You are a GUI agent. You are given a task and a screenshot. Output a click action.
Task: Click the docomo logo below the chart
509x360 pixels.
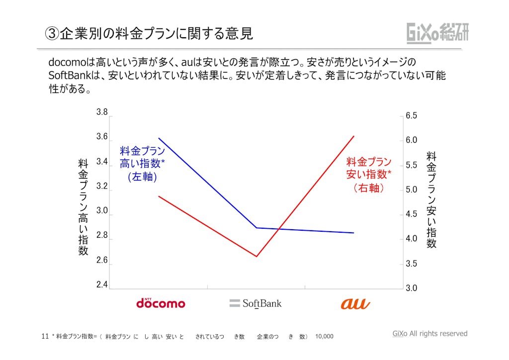161,303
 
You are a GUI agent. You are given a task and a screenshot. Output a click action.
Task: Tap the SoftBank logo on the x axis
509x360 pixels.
255,303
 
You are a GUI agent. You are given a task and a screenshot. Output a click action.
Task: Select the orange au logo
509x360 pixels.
354,303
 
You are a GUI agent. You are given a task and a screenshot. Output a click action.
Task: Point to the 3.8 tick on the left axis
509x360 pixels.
102,112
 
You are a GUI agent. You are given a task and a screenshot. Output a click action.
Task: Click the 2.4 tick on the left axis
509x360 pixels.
102,285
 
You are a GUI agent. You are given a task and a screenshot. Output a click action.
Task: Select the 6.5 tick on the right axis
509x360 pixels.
411,116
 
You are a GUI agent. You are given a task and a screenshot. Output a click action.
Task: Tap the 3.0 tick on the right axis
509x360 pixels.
411,288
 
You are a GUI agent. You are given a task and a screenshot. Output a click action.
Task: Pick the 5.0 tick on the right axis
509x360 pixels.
411,190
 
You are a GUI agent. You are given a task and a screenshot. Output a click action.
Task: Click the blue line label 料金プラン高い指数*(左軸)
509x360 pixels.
142,164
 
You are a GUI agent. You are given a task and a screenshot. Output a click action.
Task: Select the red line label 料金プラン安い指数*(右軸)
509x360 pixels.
369,175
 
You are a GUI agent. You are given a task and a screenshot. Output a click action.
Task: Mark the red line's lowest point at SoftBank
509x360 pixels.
256,257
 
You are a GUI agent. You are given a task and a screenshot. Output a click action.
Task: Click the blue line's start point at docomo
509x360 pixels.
159,138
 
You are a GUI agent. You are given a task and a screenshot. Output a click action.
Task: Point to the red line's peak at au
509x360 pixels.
354,136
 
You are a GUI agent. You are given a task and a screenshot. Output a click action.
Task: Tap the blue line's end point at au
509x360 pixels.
354,233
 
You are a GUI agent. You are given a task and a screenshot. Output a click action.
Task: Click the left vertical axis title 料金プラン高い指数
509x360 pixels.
83,207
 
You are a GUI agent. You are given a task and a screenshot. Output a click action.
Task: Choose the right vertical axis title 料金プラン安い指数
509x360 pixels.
431,200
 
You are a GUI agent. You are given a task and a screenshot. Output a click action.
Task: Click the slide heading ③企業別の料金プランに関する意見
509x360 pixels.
149,33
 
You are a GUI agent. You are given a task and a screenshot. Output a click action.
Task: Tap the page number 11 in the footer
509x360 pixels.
45,336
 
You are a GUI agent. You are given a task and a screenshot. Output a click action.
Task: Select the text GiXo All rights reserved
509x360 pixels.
430,334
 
